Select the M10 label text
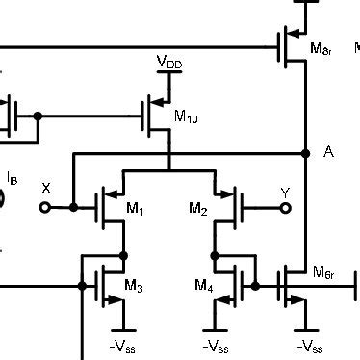click(x=186, y=116)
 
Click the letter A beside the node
click(x=329, y=152)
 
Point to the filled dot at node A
click(x=305, y=153)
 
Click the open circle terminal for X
click(x=43, y=206)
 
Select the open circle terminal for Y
click(x=285, y=206)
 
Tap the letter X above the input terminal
click(x=45, y=188)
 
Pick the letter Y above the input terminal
click(x=285, y=193)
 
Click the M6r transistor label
click(x=323, y=273)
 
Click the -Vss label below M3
click(x=122, y=345)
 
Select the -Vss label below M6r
click(x=310, y=345)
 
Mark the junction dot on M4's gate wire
click(x=255, y=286)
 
